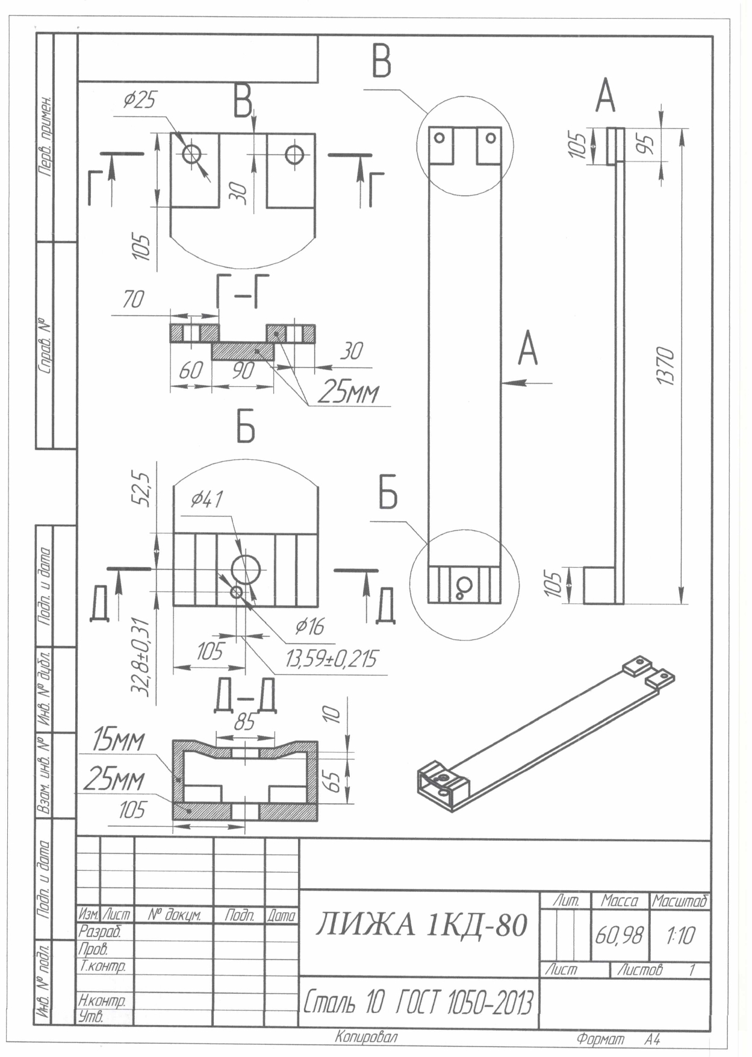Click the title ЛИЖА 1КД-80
pos(421,924)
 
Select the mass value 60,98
pos(619,935)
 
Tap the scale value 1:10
pos(680,935)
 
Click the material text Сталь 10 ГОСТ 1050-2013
pos(418,1002)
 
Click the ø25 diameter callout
pos(140,100)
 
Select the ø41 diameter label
pos(207,499)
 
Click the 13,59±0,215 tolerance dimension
pos(332,659)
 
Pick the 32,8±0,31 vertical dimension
pos(141,657)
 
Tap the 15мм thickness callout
pos(118,740)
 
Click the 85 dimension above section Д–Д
pos(244,722)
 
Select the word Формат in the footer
pos(600,1040)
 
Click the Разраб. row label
pos(100,932)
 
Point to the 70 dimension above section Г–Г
pos(133,300)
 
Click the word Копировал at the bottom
pos(366,1037)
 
